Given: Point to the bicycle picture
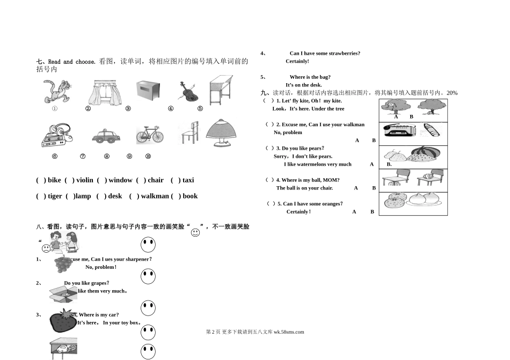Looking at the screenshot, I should [x=150, y=134].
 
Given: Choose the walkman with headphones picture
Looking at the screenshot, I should [x=55, y=135].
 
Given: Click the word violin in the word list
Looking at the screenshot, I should [x=85, y=180].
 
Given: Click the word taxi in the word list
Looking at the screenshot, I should [x=188, y=180].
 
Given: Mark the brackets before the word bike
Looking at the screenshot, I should [x=41, y=180].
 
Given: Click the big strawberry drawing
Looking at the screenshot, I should [x=64, y=321].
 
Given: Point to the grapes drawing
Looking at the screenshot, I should [x=63, y=265].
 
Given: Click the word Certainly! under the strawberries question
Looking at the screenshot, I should [x=297, y=61].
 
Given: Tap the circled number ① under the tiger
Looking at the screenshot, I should [x=54, y=108].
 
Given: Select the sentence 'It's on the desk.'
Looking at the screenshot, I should [x=304, y=85].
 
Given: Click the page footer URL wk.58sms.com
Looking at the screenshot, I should [x=289, y=332].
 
